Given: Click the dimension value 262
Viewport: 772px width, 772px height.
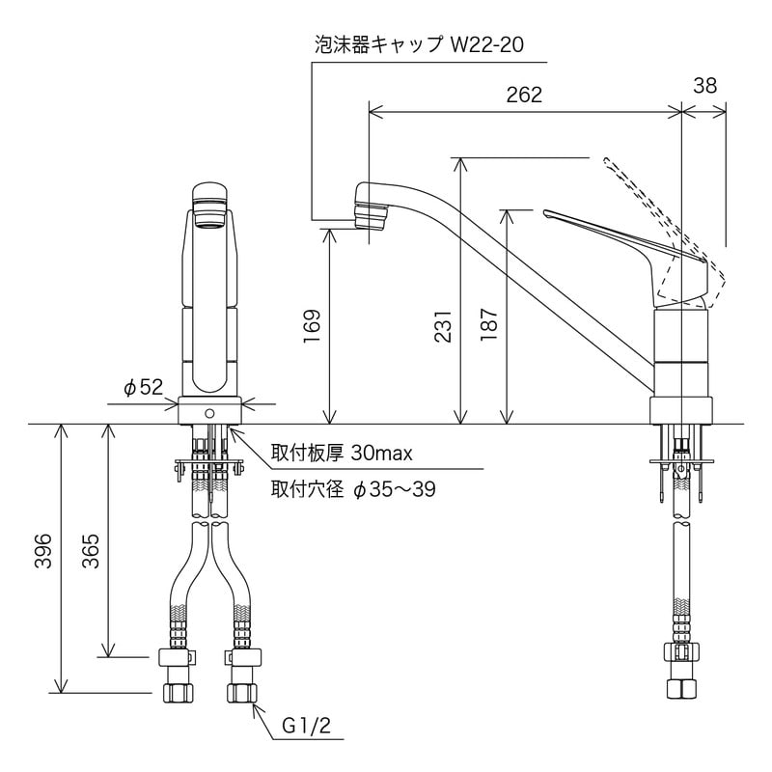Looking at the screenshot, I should (x=524, y=95).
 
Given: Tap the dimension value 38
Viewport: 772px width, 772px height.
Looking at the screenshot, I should (x=704, y=86).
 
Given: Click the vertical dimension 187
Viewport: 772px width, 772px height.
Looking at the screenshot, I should (x=489, y=329).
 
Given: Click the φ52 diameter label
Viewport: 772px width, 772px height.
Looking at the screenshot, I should (x=143, y=387).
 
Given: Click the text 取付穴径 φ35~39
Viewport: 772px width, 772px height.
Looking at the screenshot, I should (x=353, y=489).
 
